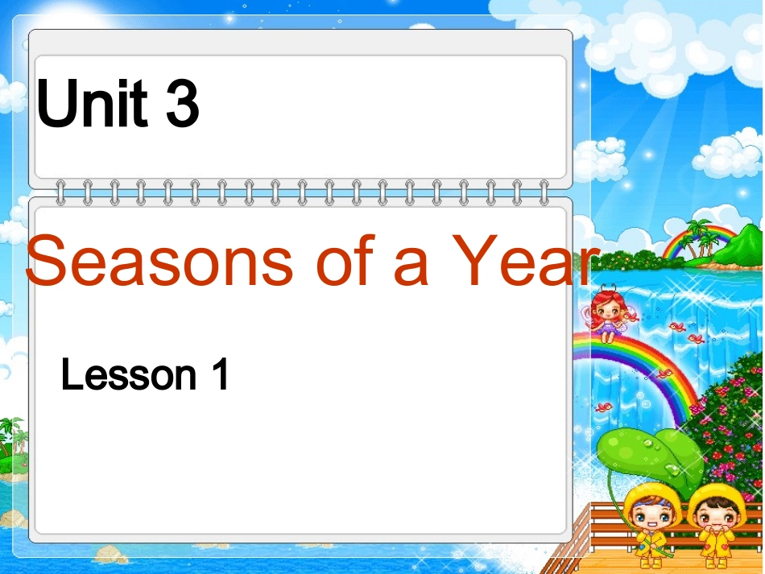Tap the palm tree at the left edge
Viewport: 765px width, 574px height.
coord(11,439)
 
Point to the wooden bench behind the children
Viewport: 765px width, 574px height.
coord(676,523)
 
